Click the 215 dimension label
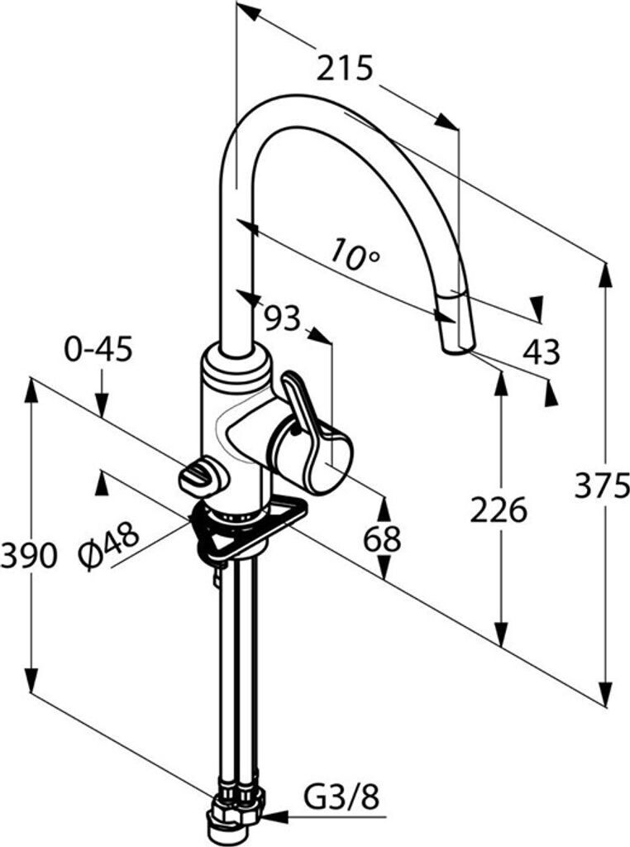pyautogui.click(x=345, y=68)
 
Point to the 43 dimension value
pyautogui.click(x=541, y=352)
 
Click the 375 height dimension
pyautogui.click(x=601, y=488)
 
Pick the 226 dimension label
pyautogui.click(x=499, y=510)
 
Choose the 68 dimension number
pyautogui.click(x=383, y=539)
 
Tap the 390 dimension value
pyautogui.click(x=29, y=555)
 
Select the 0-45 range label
pyautogui.click(x=98, y=351)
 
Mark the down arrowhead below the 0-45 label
pyautogui.click(x=102, y=406)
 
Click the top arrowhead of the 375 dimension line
pyautogui.click(x=606, y=274)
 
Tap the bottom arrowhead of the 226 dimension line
pyautogui.click(x=499, y=637)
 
